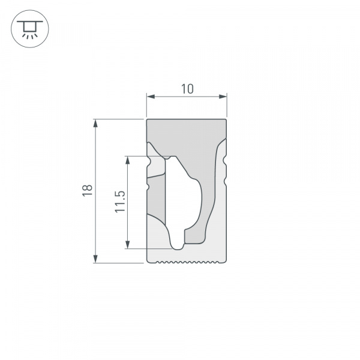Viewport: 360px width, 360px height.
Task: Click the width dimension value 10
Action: [187, 89]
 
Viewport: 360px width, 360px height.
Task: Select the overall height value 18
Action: [88, 190]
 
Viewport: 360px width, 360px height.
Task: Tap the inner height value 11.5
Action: [119, 202]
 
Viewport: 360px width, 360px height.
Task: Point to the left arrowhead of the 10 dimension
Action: [151, 96]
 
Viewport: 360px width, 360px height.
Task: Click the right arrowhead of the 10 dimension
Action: [224, 96]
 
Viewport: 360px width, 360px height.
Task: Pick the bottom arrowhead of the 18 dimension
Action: [95, 259]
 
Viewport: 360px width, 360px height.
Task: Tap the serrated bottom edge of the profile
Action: [187, 262]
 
